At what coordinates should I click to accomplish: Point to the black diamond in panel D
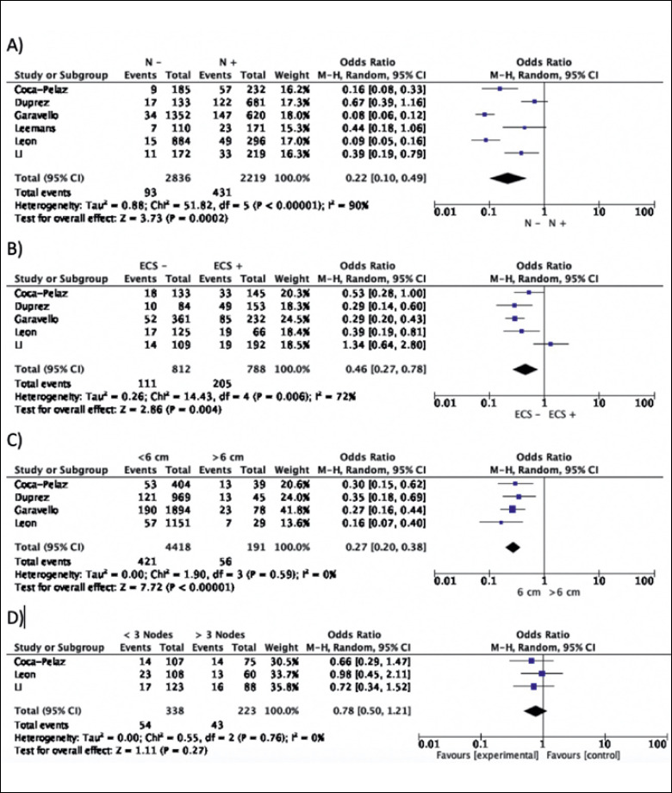(x=536, y=710)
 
